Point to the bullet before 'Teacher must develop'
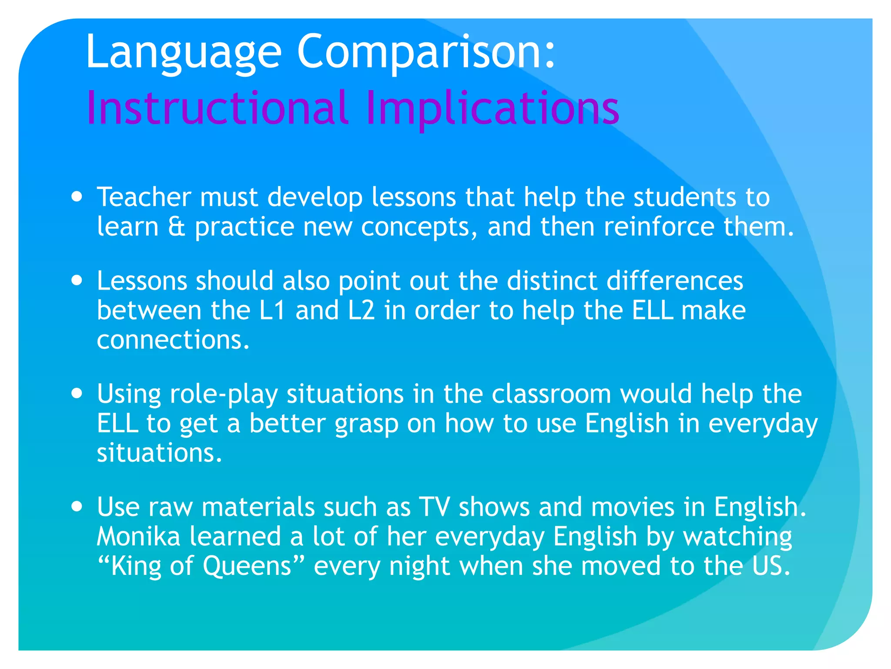click(77, 196)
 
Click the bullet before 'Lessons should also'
click(77, 280)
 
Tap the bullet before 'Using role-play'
click(77, 394)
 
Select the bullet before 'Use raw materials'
click(77, 507)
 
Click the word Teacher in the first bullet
click(144, 197)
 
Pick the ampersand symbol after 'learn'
click(176, 227)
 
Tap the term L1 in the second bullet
click(272, 310)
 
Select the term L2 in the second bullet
click(361, 310)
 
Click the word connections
click(173, 340)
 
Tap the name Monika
click(138, 536)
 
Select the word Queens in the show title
click(247, 566)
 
